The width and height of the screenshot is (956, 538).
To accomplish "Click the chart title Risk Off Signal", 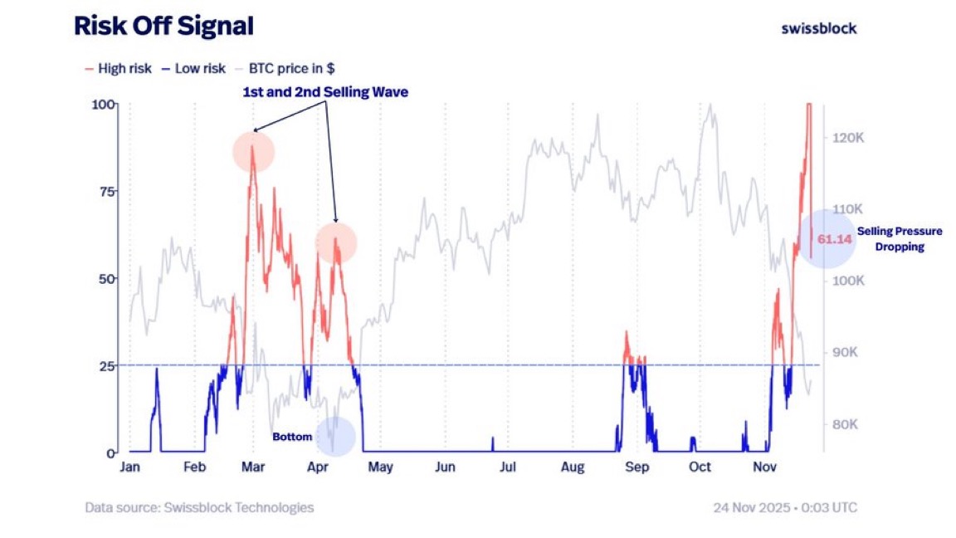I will tap(163, 27).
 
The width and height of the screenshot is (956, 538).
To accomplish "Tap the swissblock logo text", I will tap(818, 28).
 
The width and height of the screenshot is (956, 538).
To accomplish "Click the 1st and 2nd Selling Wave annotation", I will tap(325, 93).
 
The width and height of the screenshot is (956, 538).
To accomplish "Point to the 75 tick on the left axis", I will tap(105, 191).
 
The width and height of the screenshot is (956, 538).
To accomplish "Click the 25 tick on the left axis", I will tap(105, 365).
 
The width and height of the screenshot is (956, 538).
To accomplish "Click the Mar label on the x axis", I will tap(253, 467).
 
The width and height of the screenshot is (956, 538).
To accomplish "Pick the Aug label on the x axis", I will tap(572, 467).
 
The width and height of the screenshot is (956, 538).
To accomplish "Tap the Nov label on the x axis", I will tap(764, 467).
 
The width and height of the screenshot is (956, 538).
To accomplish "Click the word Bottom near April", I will tap(292, 437).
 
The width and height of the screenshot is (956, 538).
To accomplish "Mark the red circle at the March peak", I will tap(253, 152).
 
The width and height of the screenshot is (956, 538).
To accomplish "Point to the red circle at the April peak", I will tap(336, 243).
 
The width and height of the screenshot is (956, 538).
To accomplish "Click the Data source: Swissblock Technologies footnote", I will tap(199, 507).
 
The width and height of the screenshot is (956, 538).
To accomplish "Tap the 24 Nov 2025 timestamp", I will tap(784, 507).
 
